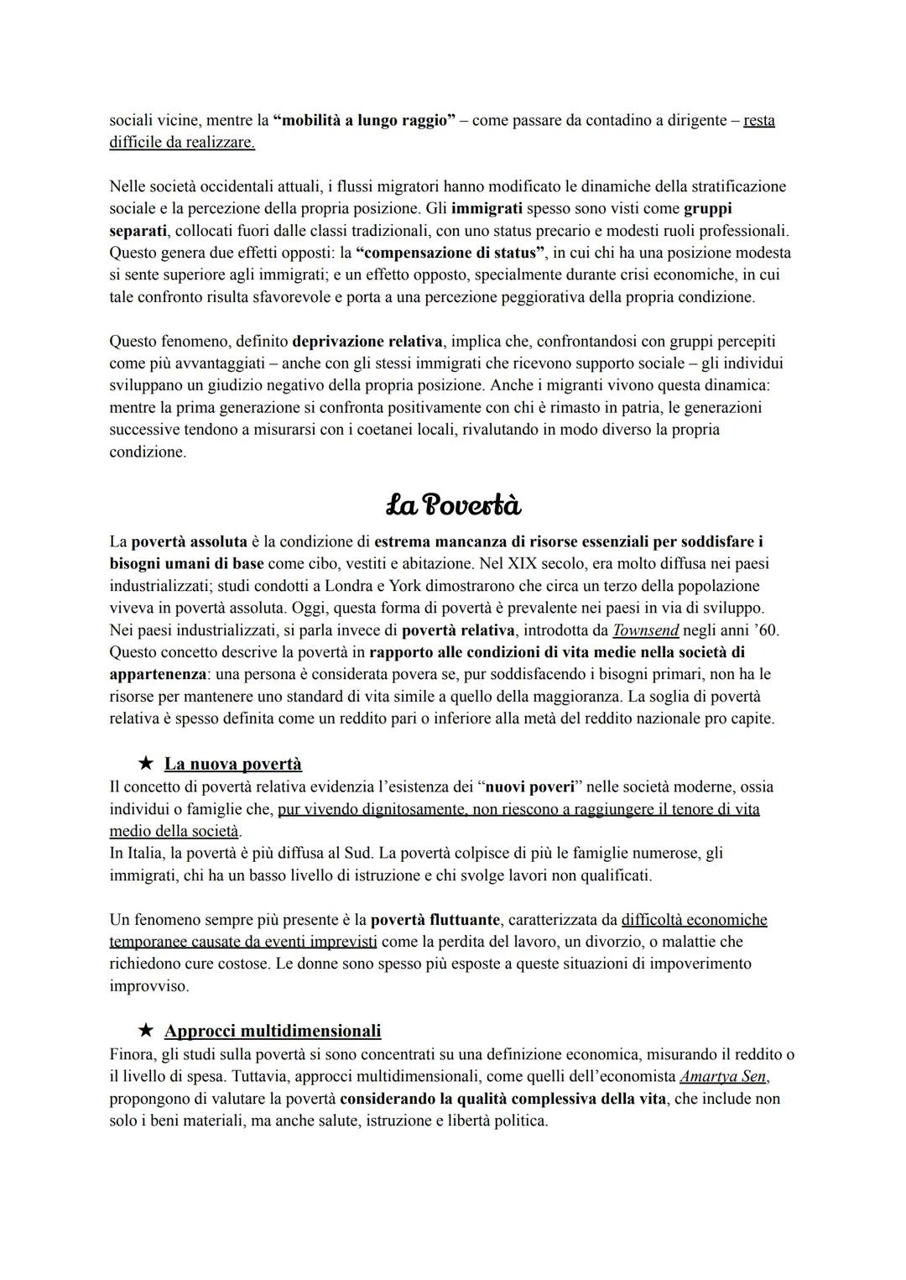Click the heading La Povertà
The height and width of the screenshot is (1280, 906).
tap(453, 505)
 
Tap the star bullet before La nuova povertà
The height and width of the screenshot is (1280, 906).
tap(146, 764)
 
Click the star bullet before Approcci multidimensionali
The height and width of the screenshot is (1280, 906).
tap(146, 1031)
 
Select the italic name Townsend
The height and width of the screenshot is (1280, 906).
tap(645, 630)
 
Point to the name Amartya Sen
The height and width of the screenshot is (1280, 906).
tap(723, 1076)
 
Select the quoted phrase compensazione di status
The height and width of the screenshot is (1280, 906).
tap(450, 253)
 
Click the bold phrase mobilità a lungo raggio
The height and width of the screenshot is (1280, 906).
tap(364, 120)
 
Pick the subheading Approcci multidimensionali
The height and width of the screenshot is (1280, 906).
tap(273, 1031)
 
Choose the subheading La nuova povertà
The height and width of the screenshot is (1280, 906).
tap(233, 764)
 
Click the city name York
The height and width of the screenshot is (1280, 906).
tap(406, 586)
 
